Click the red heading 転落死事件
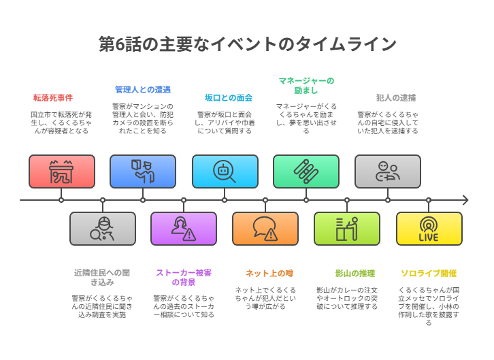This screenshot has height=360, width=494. point(53,98)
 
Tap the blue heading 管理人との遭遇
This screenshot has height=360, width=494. point(143,90)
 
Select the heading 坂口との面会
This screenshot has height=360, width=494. point(229,98)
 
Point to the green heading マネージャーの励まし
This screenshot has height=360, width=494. point(306,86)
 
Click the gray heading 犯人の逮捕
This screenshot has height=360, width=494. point(396,98)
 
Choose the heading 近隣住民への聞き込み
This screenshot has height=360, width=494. point(102,278)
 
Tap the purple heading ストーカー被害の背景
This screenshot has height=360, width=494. point(184,278)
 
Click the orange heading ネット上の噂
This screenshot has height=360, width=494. point(269,274)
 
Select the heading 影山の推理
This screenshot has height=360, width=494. point(355,274)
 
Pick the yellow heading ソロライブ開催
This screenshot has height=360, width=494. point(429,274)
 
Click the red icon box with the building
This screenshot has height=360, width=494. point(62,171)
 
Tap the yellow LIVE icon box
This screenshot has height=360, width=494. point(429,229)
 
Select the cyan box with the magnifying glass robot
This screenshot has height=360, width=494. point(225,171)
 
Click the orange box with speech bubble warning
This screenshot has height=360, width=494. point(265,229)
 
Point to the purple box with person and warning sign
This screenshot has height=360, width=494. point(184,229)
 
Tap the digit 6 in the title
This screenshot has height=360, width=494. point(120,44)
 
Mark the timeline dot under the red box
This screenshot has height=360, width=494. point(61,200)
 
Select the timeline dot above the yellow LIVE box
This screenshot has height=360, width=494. point(429,200)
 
